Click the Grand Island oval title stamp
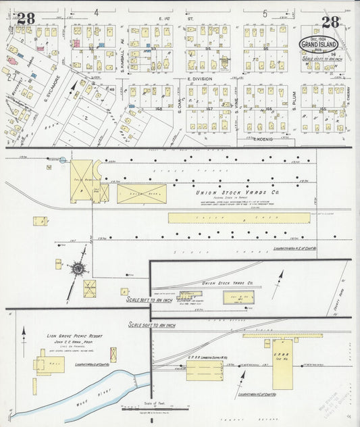(319, 45)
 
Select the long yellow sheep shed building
(239, 218)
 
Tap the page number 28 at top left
(26, 18)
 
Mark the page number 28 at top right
(331, 22)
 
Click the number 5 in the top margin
(265, 13)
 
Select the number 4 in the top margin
(97, 12)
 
